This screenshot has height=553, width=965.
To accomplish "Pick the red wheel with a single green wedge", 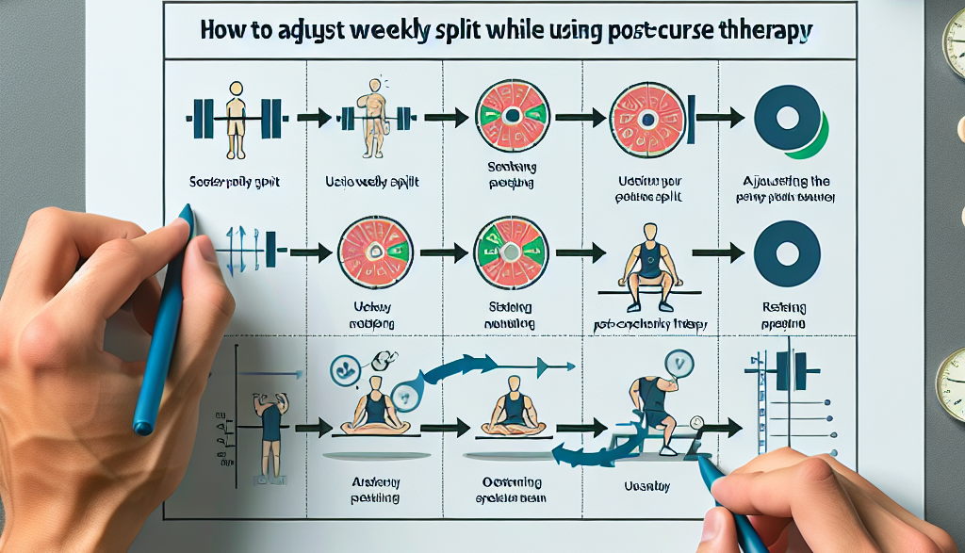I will click(510, 117).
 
